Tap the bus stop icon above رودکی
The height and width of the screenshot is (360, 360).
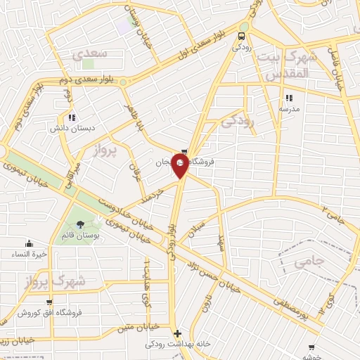click(x=243, y=37)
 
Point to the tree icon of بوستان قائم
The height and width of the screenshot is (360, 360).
click(x=89, y=225)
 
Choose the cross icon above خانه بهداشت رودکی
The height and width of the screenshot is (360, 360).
click(x=176, y=333)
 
